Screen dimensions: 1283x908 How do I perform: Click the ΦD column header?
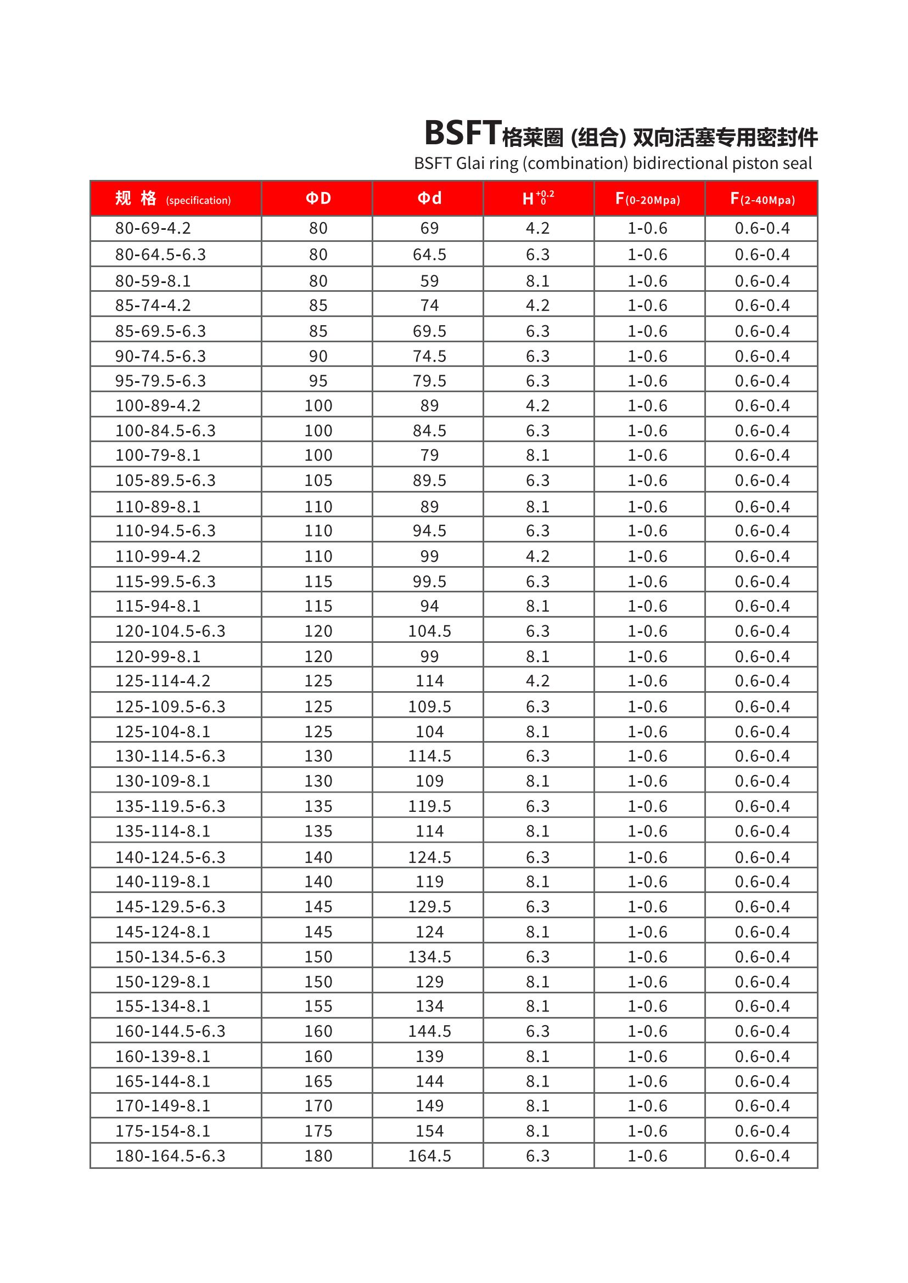tap(318, 199)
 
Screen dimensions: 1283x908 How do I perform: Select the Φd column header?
tap(429, 199)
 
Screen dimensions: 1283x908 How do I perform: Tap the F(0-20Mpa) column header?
tap(647, 199)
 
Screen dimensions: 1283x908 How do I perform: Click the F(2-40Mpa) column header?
tap(762, 199)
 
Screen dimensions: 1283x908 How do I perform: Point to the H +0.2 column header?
tap(538, 199)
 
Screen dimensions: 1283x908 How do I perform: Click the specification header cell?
tap(173, 199)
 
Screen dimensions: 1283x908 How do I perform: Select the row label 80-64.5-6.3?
tap(160, 255)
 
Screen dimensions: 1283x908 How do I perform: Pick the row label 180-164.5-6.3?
tap(170, 1156)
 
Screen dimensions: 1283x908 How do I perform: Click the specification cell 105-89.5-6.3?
tap(165, 481)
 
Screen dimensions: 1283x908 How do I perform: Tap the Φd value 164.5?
tap(429, 1156)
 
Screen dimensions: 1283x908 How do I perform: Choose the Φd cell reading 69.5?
tap(429, 331)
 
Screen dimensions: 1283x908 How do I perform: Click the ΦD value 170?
tap(318, 1105)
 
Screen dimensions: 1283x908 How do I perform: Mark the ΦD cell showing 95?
tap(318, 381)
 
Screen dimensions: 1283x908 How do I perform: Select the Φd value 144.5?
tap(429, 1031)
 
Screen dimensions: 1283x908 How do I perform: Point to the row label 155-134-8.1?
tap(162, 1006)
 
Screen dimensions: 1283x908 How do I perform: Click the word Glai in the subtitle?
tap(470, 163)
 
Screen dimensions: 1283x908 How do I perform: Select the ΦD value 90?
tap(318, 357)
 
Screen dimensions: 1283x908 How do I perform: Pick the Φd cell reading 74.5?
tap(429, 357)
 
